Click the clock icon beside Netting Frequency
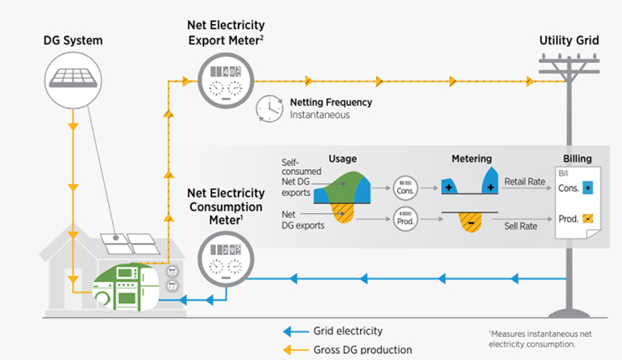coord(269,108)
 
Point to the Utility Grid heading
coord(569,41)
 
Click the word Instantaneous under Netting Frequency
coord(320,115)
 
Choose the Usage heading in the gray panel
coord(342,159)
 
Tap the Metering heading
coord(472,159)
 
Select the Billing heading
coord(577,159)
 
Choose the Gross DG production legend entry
coord(362,349)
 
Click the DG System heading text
coord(71,41)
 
